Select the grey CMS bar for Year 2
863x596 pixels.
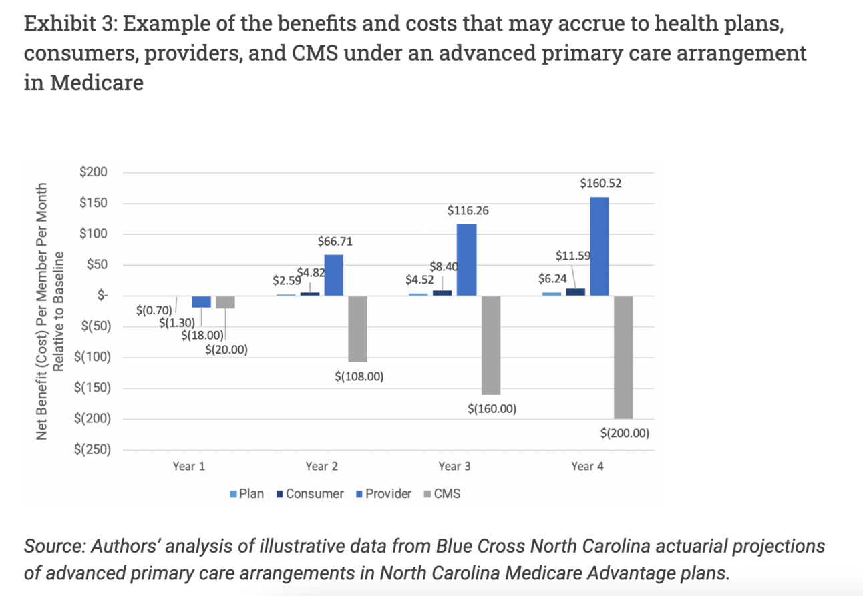357,328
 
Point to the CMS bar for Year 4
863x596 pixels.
623,357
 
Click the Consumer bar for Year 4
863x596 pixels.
576,292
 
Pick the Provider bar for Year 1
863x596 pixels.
201,302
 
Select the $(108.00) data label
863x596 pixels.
359,376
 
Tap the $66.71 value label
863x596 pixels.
335,241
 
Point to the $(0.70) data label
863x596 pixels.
154,310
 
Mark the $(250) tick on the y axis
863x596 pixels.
93,449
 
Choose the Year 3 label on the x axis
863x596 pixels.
454,466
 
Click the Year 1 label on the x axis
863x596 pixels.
188,466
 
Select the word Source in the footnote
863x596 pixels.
53,546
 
